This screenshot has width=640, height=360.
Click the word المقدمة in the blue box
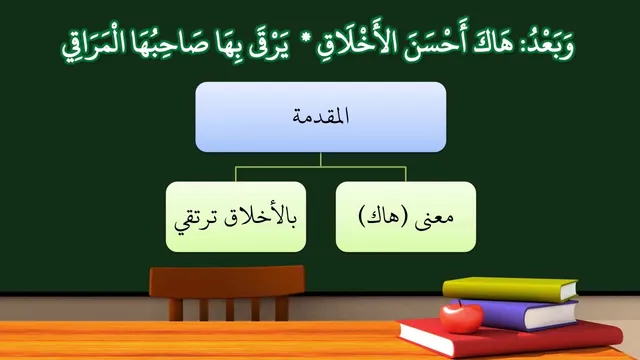321,116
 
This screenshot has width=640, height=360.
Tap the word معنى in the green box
434,216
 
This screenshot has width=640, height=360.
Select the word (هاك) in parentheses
383,216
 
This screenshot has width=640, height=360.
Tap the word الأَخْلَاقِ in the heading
352,41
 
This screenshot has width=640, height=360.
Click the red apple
461,318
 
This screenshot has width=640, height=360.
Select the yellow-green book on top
510,289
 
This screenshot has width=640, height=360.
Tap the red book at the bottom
510,338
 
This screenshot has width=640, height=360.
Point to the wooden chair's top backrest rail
227,282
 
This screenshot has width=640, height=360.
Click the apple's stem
461,303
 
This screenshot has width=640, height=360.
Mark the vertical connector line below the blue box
321,160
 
